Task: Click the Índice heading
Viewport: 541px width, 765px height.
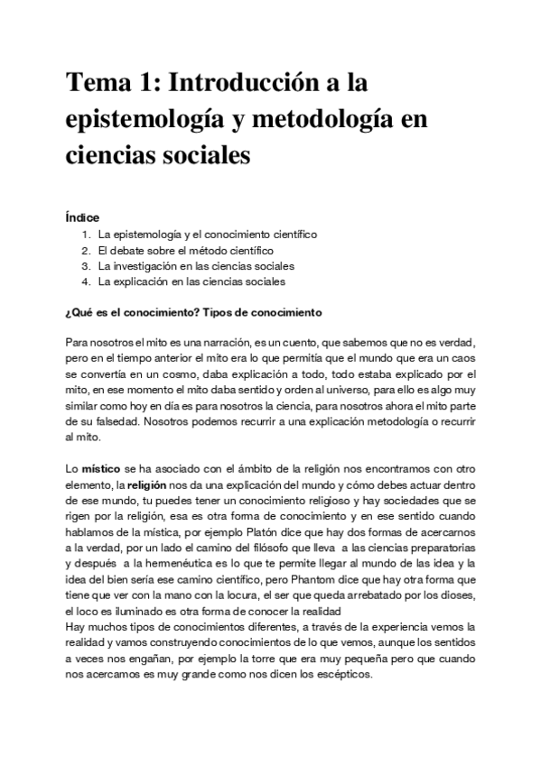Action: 82,217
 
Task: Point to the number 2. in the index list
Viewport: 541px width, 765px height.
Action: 87,250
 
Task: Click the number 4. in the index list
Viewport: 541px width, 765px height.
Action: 87,281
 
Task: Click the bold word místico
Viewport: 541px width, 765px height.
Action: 100,469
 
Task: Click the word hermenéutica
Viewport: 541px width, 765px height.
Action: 169,564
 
